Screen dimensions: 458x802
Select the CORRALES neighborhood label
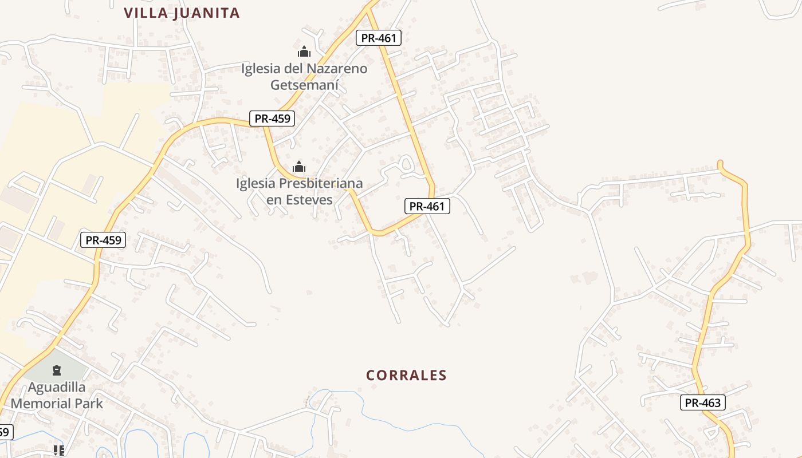406,376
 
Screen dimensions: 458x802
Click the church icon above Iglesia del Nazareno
304,52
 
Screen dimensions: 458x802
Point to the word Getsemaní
304,85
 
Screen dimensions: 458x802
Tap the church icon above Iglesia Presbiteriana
299,167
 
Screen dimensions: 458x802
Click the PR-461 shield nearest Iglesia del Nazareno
379,38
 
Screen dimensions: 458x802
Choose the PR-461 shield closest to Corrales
427,206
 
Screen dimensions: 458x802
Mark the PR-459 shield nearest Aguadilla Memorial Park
103,240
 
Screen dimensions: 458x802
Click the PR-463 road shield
703,402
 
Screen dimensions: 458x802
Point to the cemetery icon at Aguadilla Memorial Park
57,370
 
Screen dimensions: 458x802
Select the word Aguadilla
57,388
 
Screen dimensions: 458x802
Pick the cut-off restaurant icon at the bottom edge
59,451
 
